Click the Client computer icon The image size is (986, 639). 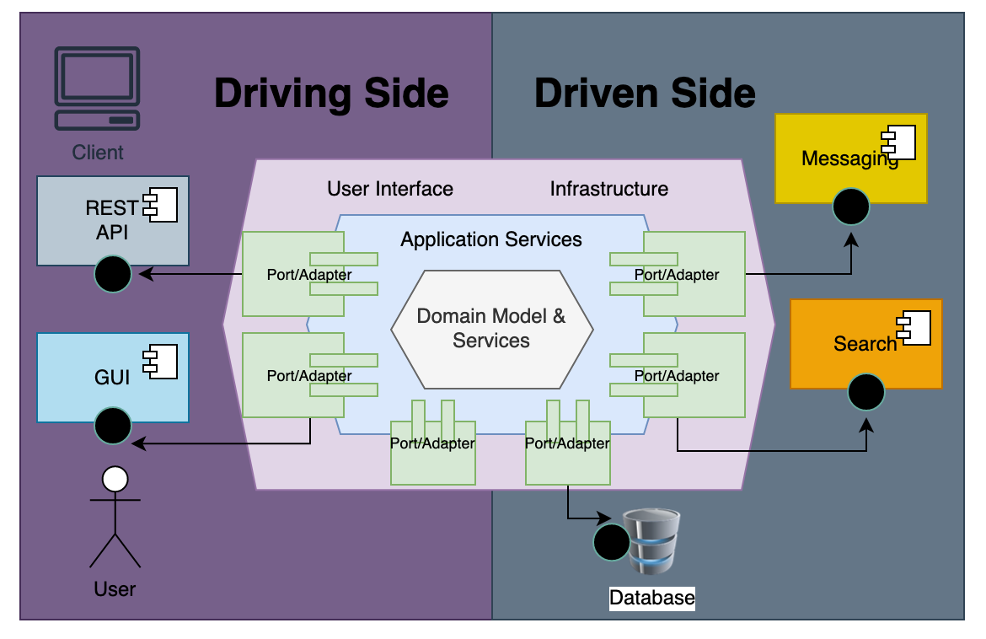[97, 88]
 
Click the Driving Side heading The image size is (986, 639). [331, 93]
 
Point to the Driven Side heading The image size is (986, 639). [645, 93]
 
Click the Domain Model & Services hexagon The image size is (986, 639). [491, 328]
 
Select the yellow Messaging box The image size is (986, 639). [850, 158]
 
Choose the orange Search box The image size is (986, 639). [865, 343]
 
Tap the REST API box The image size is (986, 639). [113, 219]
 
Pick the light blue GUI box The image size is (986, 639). [113, 377]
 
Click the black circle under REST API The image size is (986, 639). [113, 274]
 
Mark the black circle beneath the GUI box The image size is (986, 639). [113, 426]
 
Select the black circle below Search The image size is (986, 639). [866, 392]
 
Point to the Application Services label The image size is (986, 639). [491, 239]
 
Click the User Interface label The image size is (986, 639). [390, 189]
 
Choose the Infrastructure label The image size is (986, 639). [609, 189]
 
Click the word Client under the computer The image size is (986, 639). [98, 153]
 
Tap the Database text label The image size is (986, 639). [652, 599]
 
